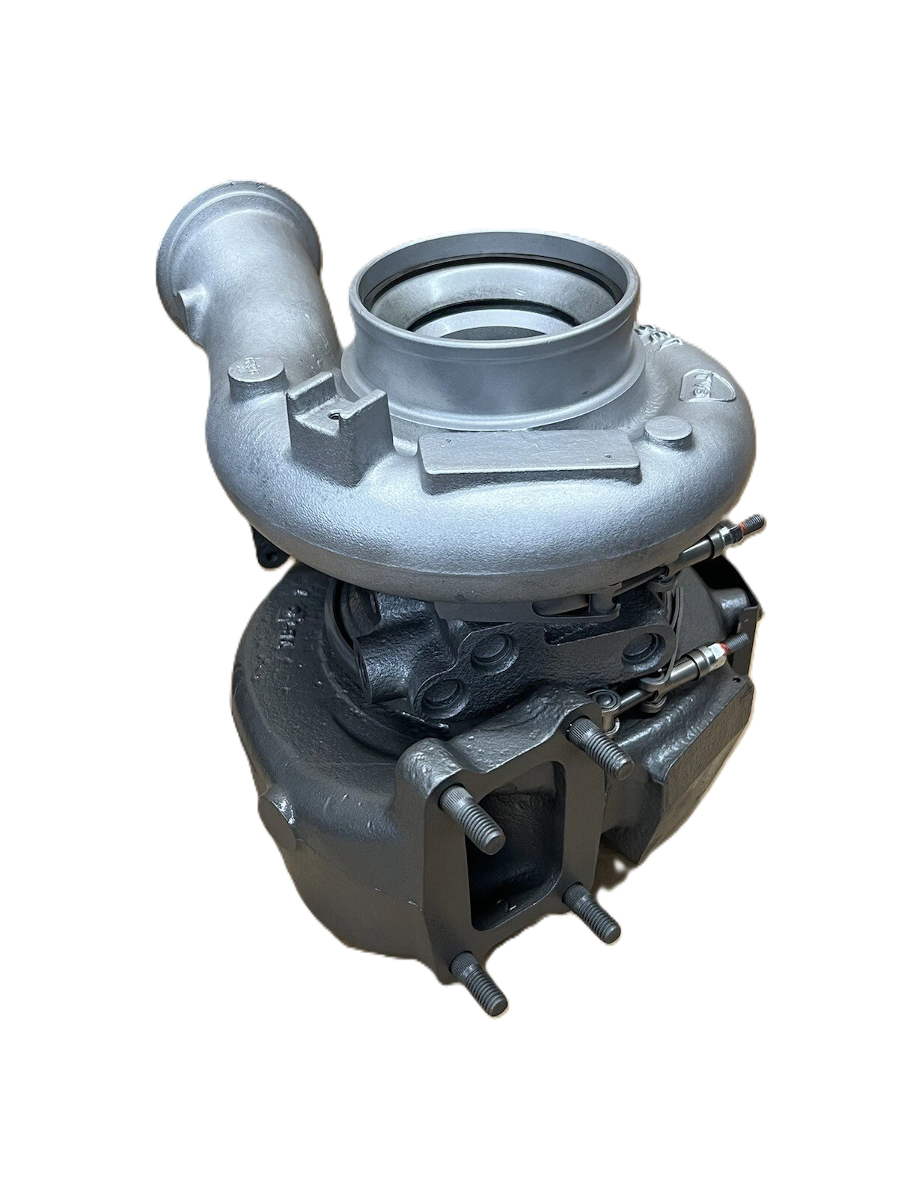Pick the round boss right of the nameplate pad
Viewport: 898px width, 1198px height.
click(668, 431)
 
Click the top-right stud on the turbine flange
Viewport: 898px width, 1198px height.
click(603, 748)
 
